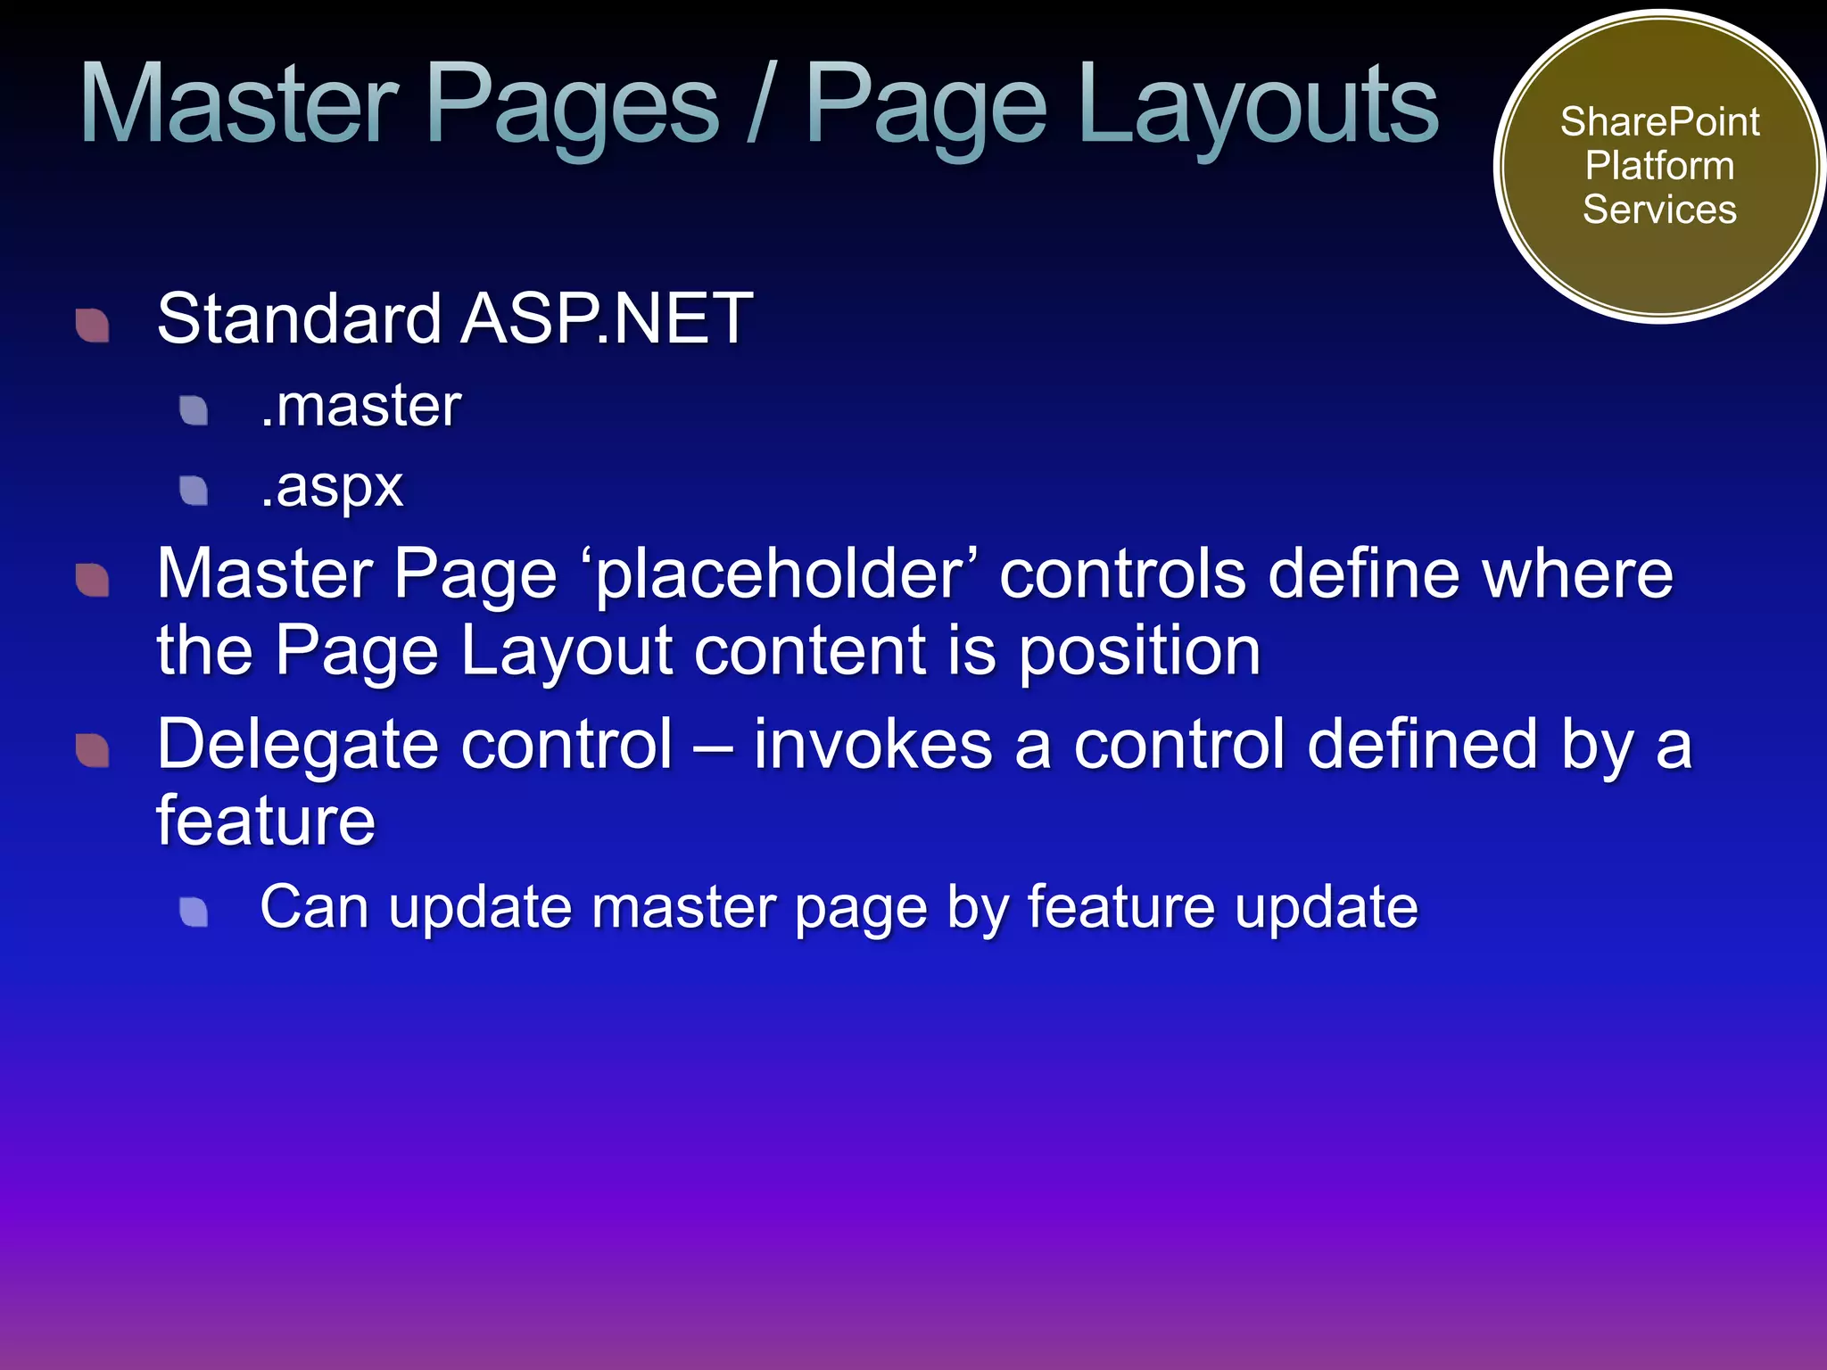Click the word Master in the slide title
pyautogui.click(x=239, y=105)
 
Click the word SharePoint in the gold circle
pyautogui.click(x=1659, y=122)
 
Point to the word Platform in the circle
pyautogui.click(x=1659, y=166)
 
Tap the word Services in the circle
pyautogui.click(x=1659, y=210)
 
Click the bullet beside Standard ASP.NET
pyautogui.click(x=93, y=325)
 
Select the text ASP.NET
pyautogui.click(x=607, y=318)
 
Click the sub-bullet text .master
pyautogui.click(x=360, y=406)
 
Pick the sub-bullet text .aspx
pyautogui.click(x=332, y=487)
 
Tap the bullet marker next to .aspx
pyautogui.click(x=194, y=490)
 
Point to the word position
pyautogui.click(x=1139, y=652)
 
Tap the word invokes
pyautogui.click(x=872, y=744)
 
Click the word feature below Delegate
pyautogui.click(x=266, y=821)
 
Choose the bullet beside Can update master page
pyautogui.click(x=194, y=912)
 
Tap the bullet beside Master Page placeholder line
pyautogui.click(x=93, y=580)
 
